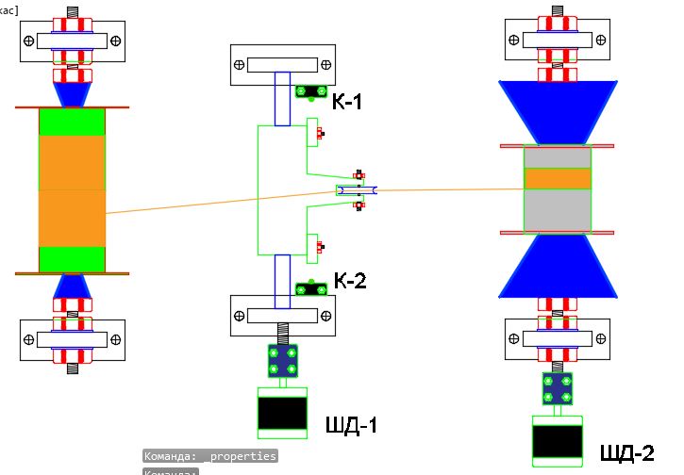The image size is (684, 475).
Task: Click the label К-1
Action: click(347, 101)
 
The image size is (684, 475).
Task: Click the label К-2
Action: click(350, 280)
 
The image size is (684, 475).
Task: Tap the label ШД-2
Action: click(626, 453)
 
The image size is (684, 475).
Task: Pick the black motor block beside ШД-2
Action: click(557, 441)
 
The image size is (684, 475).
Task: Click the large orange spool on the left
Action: click(72, 190)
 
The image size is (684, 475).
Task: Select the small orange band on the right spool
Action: click(557, 178)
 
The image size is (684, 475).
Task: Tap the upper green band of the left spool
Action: click(72, 122)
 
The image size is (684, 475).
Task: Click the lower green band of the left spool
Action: click(72, 258)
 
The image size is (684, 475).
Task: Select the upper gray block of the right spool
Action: click(557, 156)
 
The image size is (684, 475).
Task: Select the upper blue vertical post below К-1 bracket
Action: click(282, 98)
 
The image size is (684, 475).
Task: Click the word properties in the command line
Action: click(243, 456)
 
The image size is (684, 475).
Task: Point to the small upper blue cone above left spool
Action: click(72, 95)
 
